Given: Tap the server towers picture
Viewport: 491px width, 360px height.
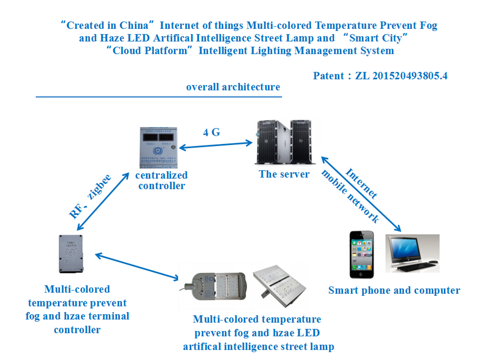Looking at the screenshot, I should [284, 142].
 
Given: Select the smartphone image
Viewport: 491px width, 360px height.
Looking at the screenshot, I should [363, 255].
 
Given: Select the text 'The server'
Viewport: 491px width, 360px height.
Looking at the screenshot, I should [284, 174].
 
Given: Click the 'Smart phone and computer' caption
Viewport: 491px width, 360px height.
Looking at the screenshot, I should [394, 291].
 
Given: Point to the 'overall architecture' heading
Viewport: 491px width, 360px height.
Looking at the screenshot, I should [233, 87].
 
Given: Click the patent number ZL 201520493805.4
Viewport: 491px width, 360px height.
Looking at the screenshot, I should [402, 76].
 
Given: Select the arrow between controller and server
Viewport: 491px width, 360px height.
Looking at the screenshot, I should [214, 145].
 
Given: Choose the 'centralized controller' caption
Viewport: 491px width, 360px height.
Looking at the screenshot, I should [161, 180].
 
